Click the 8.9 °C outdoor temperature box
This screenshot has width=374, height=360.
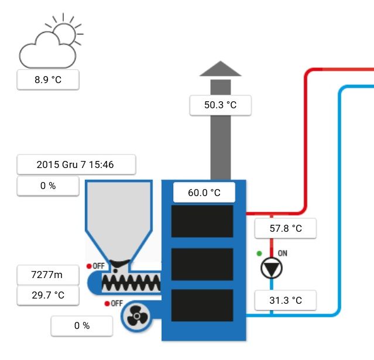click(x=47, y=80)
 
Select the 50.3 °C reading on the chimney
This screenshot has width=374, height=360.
click(x=221, y=105)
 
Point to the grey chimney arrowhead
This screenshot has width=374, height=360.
click(x=220, y=69)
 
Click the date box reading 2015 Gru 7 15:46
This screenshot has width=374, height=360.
click(x=76, y=164)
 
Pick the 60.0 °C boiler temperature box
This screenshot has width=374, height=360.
click(x=204, y=192)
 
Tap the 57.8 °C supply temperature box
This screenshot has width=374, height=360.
click(x=286, y=228)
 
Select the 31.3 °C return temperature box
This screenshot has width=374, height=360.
click(x=286, y=300)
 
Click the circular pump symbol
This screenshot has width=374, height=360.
click(x=272, y=268)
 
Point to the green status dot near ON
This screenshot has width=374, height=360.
click(x=259, y=254)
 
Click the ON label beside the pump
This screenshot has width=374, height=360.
click(x=283, y=254)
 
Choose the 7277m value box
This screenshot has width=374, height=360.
click(x=47, y=274)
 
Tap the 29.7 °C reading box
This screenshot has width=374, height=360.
click(x=47, y=294)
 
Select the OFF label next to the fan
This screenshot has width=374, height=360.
click(x=116, y=303)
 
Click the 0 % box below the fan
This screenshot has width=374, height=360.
click(x=81, y=325)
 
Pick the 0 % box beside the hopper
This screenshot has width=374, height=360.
click(x=47, y=186)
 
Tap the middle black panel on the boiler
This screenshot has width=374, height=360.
click(x=202, y=264)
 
